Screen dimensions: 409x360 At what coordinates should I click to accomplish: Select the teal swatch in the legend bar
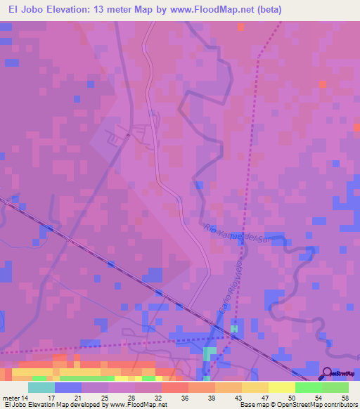pyautogui.click(x=41, y=387)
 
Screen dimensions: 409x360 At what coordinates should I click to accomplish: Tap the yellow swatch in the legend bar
pyautogui.click(x=282, y=387)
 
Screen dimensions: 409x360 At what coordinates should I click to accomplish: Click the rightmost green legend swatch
pyautogui.click(x=335, y=387)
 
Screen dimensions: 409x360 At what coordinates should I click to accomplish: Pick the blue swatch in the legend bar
pyautogui.click(x=68, y=387)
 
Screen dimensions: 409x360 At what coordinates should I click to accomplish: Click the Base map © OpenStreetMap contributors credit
pyautogui.click(x=298, y=405)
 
